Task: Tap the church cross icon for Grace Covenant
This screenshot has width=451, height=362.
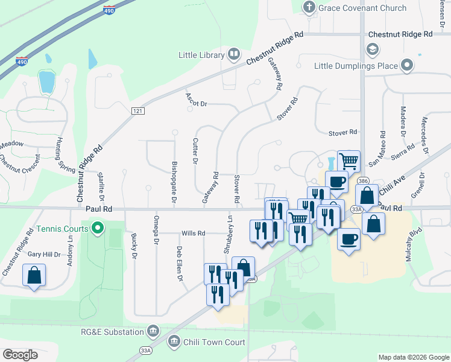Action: [x=309, y=7]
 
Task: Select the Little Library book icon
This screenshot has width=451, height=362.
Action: [x=233, y=55]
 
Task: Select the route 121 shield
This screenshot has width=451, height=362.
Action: [x=138, y=110]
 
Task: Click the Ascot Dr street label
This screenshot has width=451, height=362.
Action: [x=197, y=104]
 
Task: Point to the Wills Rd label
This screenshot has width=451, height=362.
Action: [x=194, y=233]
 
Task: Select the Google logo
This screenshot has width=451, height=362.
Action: [x=20, y=355]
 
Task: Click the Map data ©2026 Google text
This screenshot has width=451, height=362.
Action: [x=413, y=357]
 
